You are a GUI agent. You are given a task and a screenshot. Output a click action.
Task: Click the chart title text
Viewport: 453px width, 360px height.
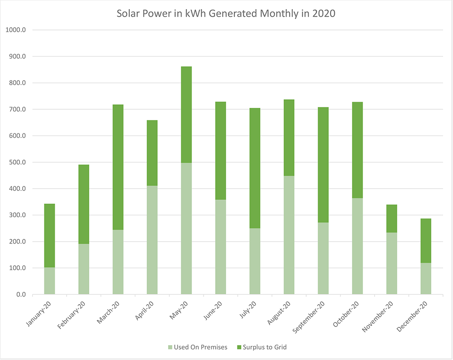coord(226,13)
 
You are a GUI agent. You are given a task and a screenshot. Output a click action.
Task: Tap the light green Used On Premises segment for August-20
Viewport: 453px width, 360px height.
coord(289,235)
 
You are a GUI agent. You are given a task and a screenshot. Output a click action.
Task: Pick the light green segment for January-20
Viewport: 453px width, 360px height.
coord(49,281)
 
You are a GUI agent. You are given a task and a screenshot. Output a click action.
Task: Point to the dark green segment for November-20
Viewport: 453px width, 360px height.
coord(391,219)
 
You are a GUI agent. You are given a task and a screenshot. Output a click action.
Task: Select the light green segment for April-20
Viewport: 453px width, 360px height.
coord(152,240)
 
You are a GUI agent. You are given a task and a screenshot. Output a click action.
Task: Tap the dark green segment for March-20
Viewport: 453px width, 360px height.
coord(118,167)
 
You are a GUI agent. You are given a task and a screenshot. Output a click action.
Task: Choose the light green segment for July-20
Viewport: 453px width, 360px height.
coord(255,261)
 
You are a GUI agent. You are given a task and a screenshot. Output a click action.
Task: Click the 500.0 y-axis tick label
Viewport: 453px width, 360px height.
coord(17,162)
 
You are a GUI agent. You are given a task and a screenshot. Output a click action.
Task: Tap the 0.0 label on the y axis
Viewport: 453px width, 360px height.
coord(20,295)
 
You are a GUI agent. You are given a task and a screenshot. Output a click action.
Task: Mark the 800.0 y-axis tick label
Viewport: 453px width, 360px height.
coord(17,83)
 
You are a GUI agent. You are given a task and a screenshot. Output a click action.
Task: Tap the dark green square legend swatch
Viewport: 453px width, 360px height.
coord(238,347)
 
